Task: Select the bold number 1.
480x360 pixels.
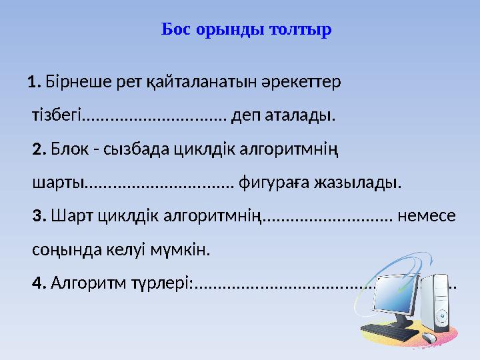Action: pos(35,83)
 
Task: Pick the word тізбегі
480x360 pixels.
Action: pos(56,117)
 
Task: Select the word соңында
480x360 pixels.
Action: pos(66,250)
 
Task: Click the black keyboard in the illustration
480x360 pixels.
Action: pos(389,331)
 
